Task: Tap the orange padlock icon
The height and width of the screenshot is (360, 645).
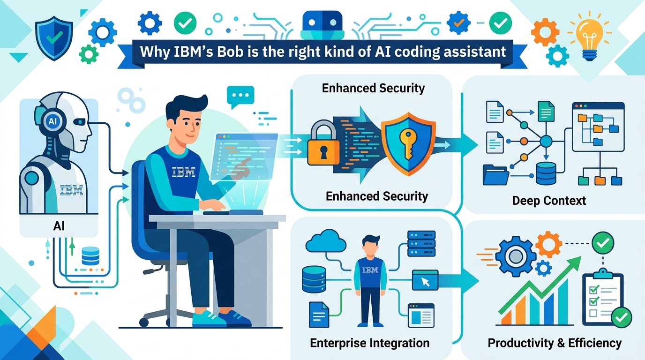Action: (x=323, y=143)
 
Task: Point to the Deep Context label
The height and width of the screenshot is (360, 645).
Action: (x=549, y=201)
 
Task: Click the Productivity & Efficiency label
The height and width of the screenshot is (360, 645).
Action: (x=554, y=343)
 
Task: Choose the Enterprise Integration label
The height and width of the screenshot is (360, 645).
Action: (x=369, y=343)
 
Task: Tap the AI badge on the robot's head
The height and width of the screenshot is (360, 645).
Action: (x=52, y=121)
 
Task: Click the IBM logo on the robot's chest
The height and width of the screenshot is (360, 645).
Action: (x=71, y=190)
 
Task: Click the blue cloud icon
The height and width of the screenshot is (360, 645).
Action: (x=326, y=241)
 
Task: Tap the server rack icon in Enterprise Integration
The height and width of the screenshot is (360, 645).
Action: (x=421, y=244)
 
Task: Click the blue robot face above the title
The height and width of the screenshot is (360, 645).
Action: (x=322, y=25)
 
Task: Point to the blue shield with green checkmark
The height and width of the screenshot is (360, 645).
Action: (x=54, y=38)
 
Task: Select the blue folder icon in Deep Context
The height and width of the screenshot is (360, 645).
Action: (x=495, y=175)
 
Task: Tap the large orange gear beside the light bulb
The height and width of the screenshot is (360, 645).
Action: (x=545, y=32)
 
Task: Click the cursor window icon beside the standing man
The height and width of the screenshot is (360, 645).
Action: (x=425, y=280)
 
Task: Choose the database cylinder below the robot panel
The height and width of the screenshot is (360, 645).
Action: (x=90, y=256)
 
